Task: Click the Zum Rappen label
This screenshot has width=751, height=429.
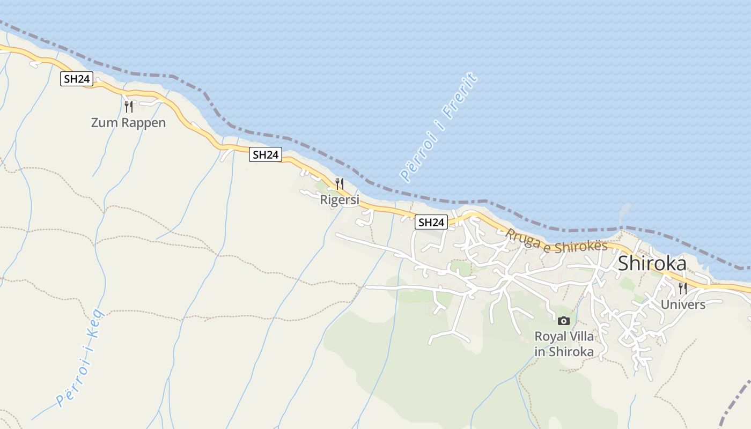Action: click(128, 123)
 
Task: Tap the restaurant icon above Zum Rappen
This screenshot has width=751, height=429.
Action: click(129, 106)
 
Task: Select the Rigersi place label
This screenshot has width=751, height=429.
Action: click(339, 200)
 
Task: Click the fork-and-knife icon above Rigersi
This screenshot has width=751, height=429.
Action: click(339, 184)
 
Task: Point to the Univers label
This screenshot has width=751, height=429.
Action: click(683, 305)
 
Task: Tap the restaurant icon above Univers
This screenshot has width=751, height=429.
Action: click(683, 289)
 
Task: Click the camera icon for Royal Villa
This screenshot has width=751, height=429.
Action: click(563, 321)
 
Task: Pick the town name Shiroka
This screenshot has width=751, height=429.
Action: click(652, 263)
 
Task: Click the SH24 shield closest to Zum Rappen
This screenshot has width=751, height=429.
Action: click(77, 79)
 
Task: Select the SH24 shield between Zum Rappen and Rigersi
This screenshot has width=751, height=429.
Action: click(266, 155)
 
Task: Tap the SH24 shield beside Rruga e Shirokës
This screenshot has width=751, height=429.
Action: click(431, 222)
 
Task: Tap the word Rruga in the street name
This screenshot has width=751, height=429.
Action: click(522, 240)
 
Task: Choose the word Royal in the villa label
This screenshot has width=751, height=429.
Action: click(550, 337)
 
